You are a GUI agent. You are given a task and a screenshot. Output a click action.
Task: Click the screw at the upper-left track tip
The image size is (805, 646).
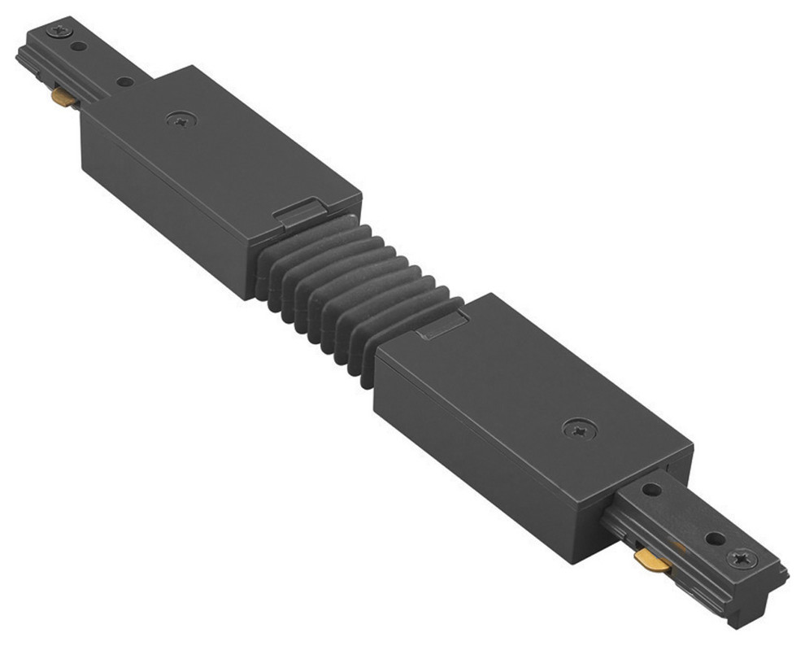(x=59, y=31)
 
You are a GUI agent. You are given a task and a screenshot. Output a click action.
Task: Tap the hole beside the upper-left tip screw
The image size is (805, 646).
(x=79, y=46)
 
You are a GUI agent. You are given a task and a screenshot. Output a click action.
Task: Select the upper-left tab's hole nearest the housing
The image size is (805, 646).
(x=124, y=81)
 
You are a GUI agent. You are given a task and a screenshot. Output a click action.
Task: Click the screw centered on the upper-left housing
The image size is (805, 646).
(x=181, y=120)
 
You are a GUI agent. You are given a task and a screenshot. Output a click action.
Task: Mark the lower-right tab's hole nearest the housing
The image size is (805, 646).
(x=651, y=490)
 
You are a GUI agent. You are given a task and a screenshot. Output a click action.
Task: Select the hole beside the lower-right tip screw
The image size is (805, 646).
(x=715, y=539)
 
